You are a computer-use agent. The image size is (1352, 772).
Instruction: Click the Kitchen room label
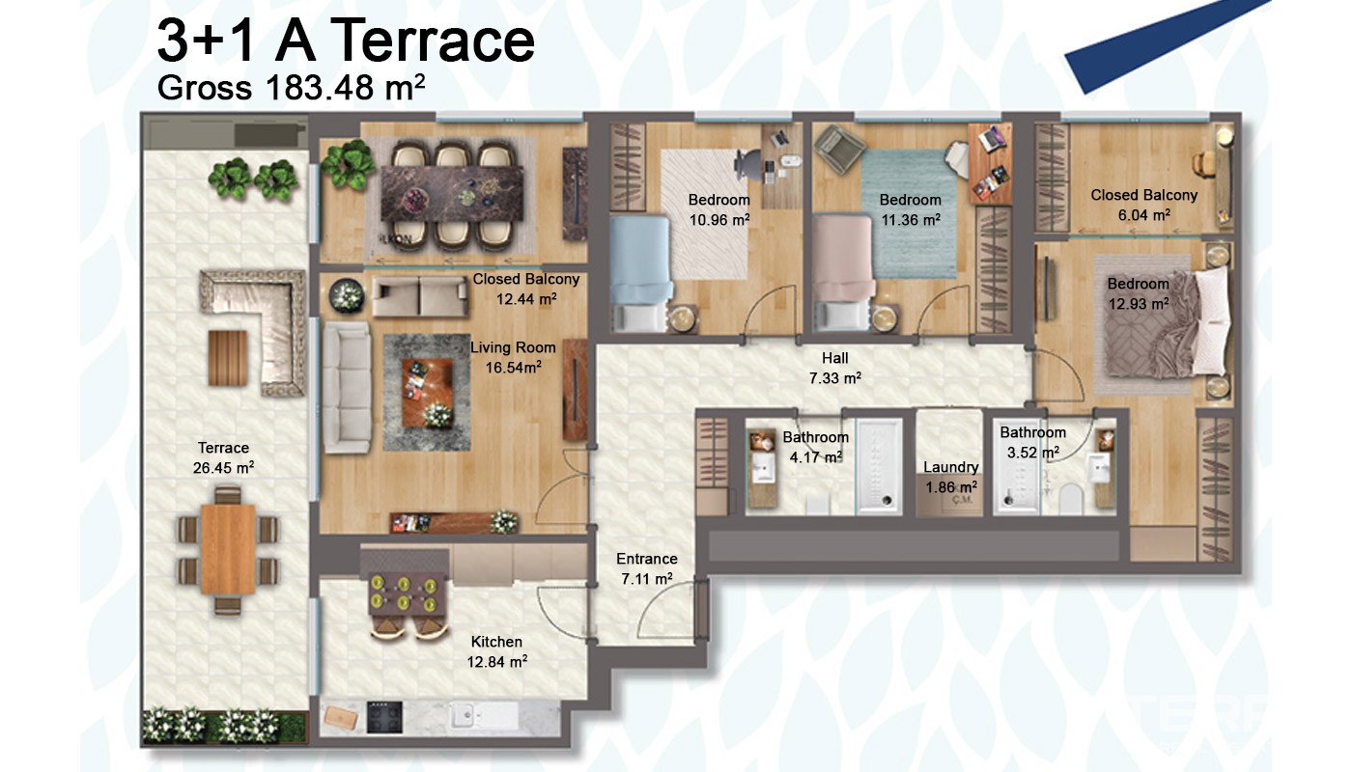pos(496,642)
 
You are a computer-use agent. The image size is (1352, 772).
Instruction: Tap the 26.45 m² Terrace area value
pos(223,467)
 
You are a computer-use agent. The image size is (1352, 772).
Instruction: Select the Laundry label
pos(950,467)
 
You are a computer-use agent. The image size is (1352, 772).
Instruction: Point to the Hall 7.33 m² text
pos(835,368)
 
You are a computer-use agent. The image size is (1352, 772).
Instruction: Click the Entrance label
pos(647,559)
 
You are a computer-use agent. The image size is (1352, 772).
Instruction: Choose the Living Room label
pos(513,348)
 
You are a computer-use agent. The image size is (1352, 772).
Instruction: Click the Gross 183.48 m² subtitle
pos(291,88)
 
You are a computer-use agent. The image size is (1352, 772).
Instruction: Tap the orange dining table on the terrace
pos(228,549)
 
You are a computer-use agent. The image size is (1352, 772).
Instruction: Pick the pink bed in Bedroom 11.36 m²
pos(842,273)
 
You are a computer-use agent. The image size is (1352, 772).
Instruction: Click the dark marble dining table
pos(452,194)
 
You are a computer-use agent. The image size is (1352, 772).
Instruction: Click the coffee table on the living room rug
pos(427,394)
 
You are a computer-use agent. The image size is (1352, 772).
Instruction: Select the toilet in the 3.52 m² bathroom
pos(1071,498)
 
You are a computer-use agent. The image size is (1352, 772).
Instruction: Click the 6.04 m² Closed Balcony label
pos(1143,205)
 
